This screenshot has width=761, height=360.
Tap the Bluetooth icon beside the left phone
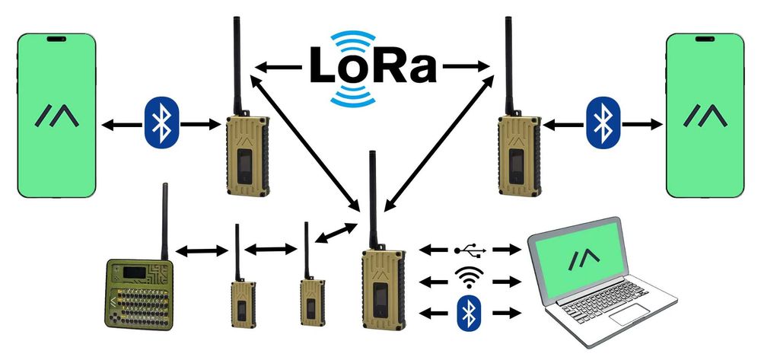coord(161,122)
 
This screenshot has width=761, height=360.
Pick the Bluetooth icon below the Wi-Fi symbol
coord(469,313)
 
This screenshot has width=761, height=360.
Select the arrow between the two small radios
coord(271,248)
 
